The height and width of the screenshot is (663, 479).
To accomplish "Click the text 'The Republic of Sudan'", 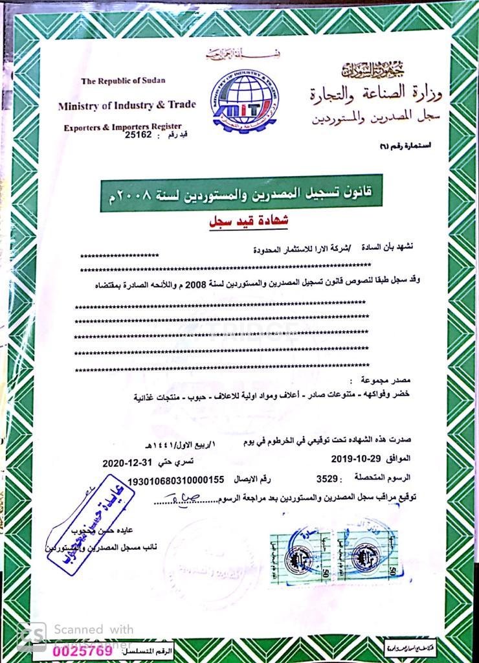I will (123, 81).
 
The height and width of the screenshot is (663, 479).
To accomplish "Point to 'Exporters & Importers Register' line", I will (122, 127).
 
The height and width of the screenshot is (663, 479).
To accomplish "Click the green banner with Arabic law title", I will (241, 193).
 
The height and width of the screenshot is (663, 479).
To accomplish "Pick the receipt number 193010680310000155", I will (176, 480).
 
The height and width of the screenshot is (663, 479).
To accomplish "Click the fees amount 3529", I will (328, 480).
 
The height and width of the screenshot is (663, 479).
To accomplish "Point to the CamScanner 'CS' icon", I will (31, 636).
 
